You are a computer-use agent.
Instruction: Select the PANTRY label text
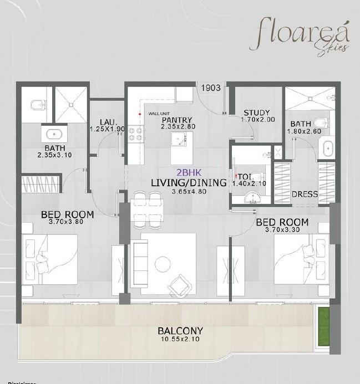click(x=177, y=120)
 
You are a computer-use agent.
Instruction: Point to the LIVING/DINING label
click(x=189, y=182)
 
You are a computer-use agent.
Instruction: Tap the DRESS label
click(x=305, y=194)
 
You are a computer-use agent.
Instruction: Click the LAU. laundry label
click(x=108, y=122)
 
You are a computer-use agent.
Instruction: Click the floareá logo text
click(x=300, y=33)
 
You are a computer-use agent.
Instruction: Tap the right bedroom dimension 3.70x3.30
click(x=282, y=232)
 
